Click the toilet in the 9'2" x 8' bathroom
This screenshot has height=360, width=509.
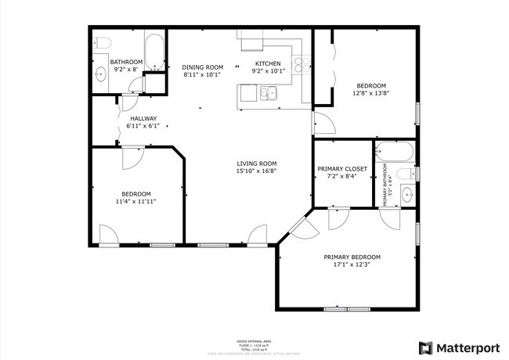pyautogui.click(x=103, y=42)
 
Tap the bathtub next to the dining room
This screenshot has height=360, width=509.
pyautogui.click(x=154, y=52)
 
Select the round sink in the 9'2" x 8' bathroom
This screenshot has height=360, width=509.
pyautogui.click(x=101, y=75)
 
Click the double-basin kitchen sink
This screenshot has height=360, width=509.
pyautogui.click(x=269, y=95)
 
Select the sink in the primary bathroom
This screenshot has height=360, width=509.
pyautogui.click(x=406, y=193)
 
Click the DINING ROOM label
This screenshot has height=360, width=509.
pyautogui.click(x=203, y=67)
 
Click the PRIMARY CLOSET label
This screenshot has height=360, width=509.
pyautogui.click(x=342, y=168)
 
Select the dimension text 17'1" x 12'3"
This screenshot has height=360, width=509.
pyautogui.click(x=352, y=265)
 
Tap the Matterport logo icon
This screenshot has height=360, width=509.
pyautogui.click(x=425, y=347)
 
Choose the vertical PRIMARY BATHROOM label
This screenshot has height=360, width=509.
pyautogui.click(x=386, y=185)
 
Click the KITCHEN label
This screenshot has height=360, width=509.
pyautogui.click(x=268, y=64)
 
